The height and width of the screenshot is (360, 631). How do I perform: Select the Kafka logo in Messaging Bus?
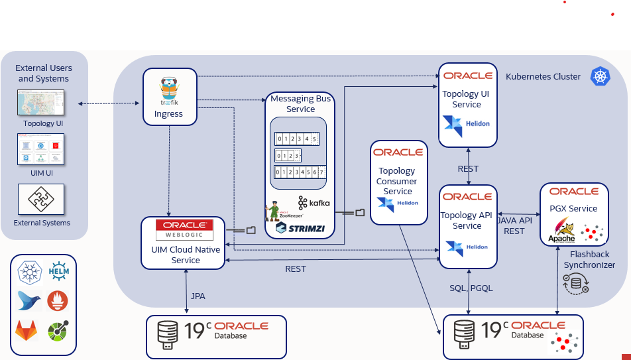pos(314,203)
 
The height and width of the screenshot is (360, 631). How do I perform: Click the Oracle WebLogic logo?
pos(184,229)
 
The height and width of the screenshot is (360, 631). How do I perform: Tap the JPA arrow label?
pos(198,296)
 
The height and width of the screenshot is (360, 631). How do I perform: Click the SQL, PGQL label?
pos(471,288)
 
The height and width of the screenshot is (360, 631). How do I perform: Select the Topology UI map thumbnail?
pos(41,103)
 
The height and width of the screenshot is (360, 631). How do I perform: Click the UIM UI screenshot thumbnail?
pos(41,149)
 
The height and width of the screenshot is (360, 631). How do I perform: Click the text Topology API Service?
pos(467,220)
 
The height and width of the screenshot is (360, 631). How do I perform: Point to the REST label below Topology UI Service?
pos(468,168)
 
